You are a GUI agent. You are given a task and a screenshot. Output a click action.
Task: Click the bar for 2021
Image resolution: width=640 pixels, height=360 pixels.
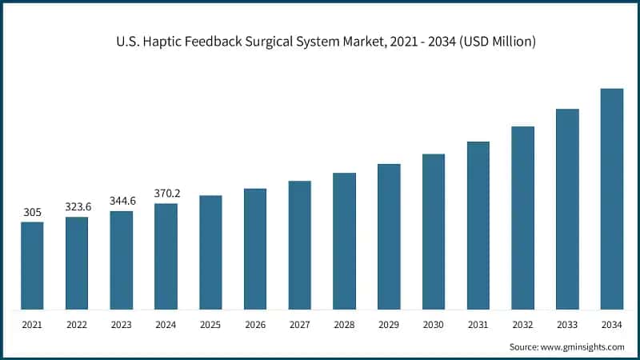point(32,266)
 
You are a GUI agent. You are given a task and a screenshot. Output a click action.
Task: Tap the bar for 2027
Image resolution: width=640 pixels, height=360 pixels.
point(300,245)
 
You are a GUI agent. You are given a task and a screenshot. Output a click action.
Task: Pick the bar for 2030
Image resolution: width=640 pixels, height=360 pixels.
point(434,231)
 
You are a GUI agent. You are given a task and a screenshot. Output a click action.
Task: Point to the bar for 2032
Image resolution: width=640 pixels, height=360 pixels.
point(522,218)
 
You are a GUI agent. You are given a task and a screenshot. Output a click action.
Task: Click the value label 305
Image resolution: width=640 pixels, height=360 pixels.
point(32,212)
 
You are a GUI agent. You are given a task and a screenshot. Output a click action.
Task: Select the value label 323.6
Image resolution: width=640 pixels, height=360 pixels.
point(77,206)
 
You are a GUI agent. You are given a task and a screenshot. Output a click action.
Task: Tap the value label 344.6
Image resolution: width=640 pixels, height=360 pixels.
point(122,201)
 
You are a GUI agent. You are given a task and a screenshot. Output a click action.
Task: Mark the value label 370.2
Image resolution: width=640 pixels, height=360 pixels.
point(166,193)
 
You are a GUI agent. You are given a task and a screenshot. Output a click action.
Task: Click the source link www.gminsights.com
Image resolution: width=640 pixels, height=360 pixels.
point(583,346)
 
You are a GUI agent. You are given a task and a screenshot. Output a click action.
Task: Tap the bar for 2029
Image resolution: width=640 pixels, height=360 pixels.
point(389,237)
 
